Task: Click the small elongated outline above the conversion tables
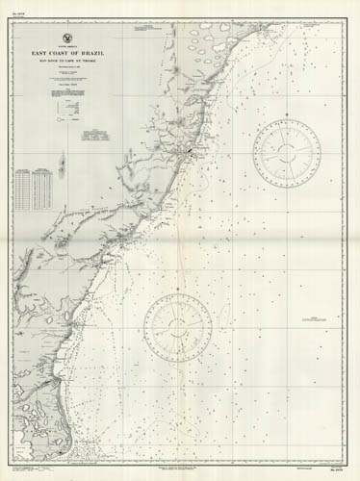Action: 61,165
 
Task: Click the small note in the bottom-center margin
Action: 183,468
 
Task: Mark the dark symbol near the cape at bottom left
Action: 61,443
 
